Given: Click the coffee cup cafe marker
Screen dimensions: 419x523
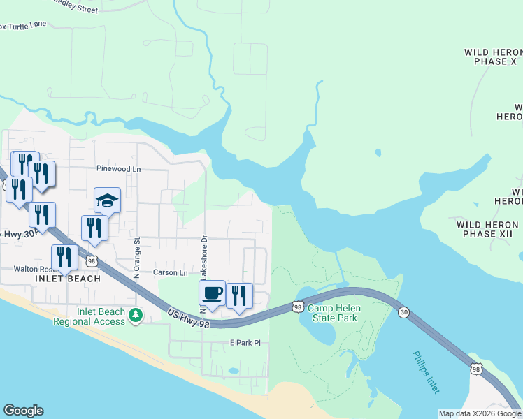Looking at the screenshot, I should point(212,293).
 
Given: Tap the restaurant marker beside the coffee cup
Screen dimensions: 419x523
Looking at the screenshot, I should point(239,296).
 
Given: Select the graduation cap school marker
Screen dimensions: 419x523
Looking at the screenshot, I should point(108,200).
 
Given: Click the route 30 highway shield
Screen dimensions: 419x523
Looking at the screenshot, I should point(403,312).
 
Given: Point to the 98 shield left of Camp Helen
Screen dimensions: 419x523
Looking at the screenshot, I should point(298,307).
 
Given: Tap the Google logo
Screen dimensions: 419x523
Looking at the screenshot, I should point(23,411).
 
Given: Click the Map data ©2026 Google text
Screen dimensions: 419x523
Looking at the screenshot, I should point(479,413).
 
